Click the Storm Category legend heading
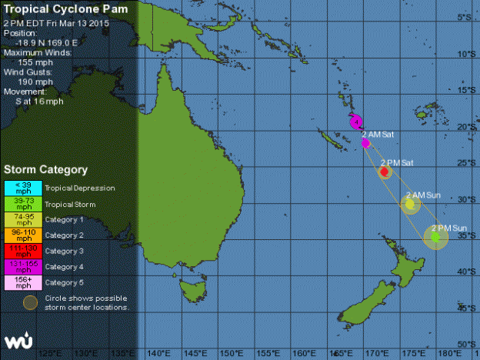[x=46, y=169]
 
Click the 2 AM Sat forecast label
[x=378, y=134]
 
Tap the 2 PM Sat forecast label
[x=397, y=162]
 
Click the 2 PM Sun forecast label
[x=449, y=228]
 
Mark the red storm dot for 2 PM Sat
[x=385, y=172]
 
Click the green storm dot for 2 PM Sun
[x=436, y=238]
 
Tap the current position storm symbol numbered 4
[x=355, y=121]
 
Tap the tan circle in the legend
[x=30, y=302]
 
